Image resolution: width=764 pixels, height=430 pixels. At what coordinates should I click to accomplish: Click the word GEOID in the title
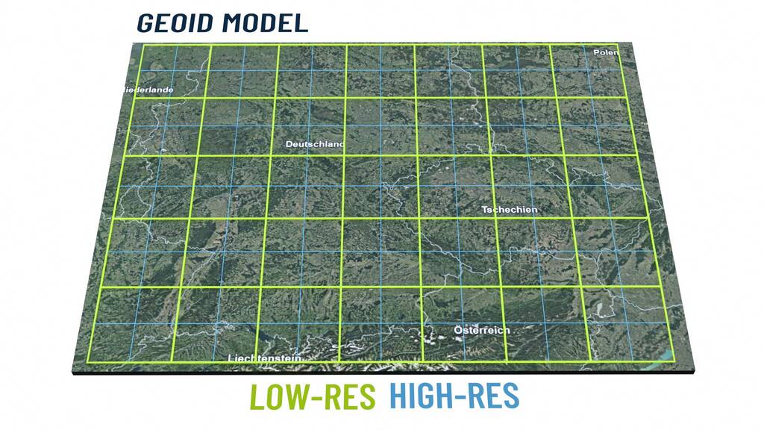tap(175, 22)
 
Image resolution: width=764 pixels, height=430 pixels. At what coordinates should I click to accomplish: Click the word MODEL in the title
tap(265, 22)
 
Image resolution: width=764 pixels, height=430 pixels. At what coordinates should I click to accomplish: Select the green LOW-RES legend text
tap(312, 396)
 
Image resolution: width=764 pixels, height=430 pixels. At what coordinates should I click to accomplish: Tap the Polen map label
tap(606, 53)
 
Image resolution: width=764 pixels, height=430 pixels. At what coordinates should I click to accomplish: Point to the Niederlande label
tap(147, 90)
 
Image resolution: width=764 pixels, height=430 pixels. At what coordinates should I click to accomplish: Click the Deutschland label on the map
tap(315, 144)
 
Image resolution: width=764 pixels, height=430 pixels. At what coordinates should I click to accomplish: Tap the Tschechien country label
tap(510, 210)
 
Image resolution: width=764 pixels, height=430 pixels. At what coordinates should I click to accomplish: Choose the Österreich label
tap(482, 330)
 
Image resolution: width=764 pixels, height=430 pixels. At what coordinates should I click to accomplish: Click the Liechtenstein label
tap(264, 358)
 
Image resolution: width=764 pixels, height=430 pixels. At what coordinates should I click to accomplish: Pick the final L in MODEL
tap(301, 22)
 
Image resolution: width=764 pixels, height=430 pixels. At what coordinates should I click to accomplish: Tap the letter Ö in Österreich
tap(459, 329)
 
